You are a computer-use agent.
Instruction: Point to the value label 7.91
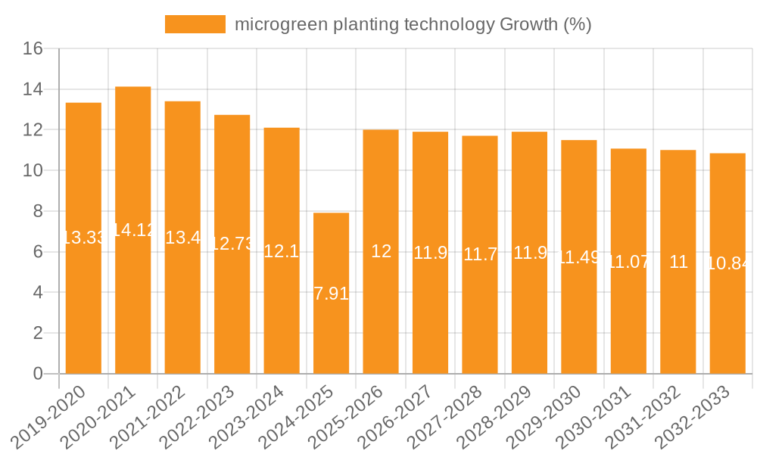click(331, 294)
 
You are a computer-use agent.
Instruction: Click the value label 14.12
click(133, 230)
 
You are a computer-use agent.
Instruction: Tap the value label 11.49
click(579, 257)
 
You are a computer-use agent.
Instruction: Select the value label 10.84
click(727, 263)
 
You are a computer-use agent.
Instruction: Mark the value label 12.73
click(232, 244)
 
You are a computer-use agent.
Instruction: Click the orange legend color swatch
click(195, 24)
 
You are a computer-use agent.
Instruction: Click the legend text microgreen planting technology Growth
click(413, 24)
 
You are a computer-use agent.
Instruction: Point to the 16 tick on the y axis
click(33, 49)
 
